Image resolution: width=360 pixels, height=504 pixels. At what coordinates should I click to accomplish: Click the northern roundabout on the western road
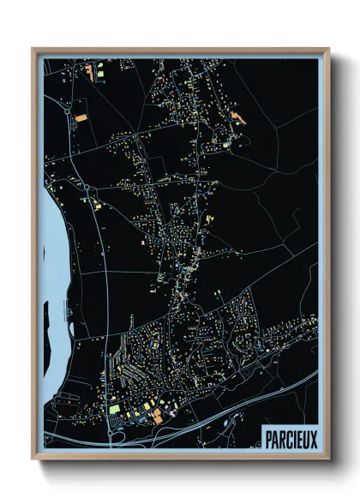69,109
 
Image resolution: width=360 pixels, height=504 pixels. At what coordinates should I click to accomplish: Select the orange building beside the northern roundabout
81,113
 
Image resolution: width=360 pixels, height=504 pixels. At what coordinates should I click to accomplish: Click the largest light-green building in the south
114,409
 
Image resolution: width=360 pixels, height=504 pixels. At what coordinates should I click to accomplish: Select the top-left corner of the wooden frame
34,50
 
